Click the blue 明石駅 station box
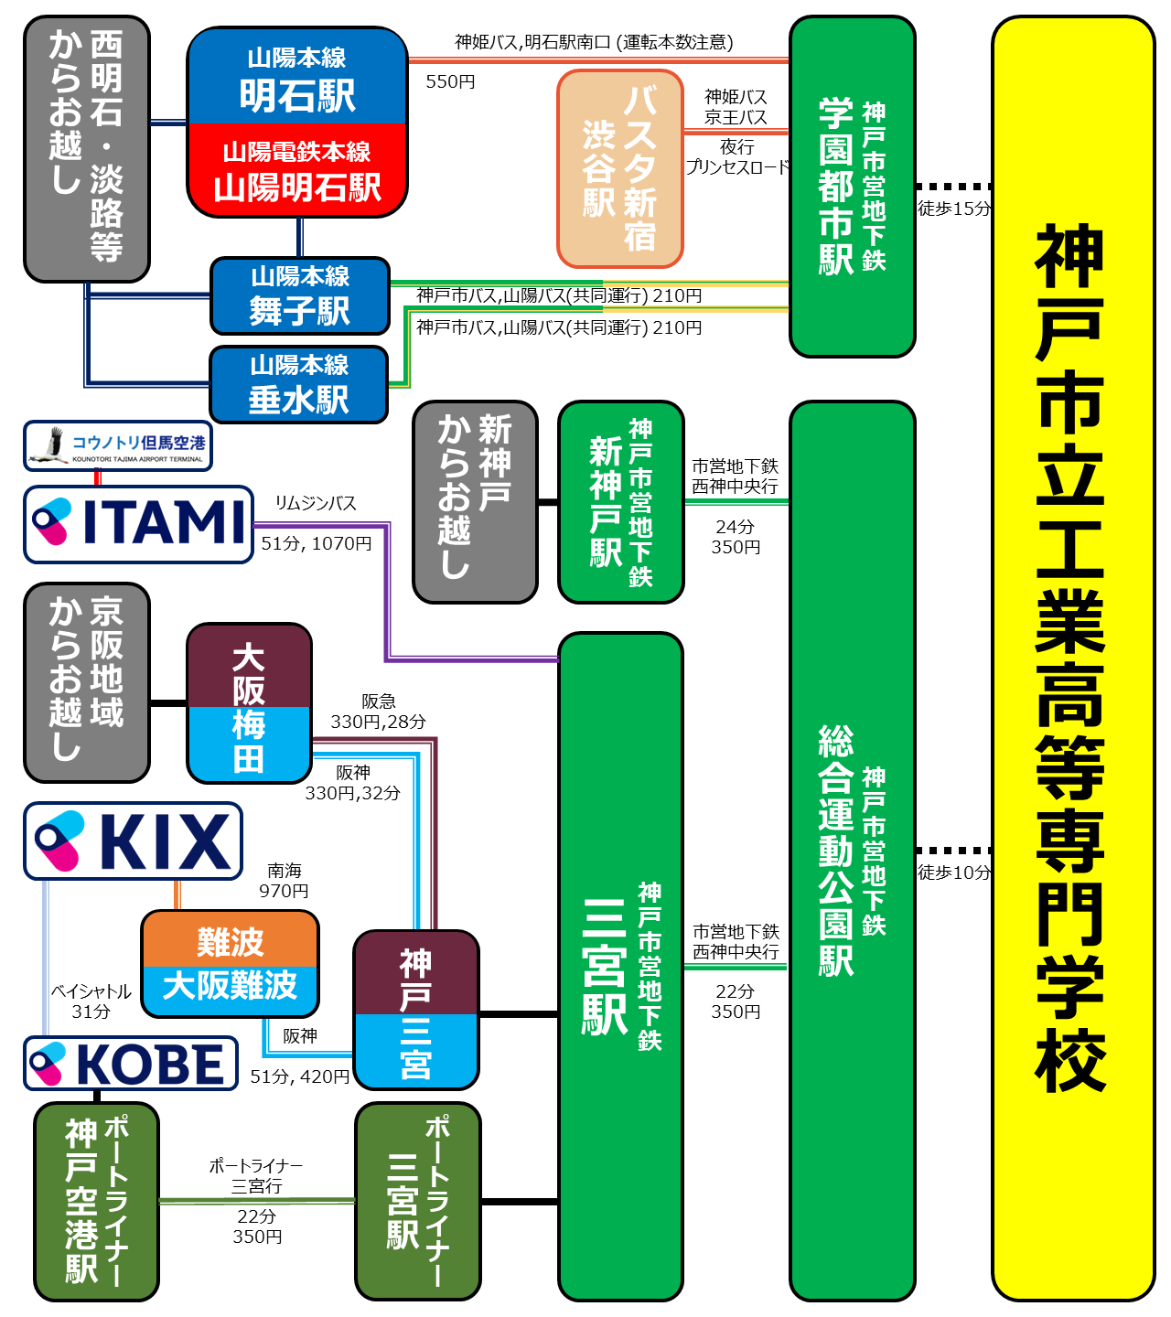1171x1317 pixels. click(297, 78)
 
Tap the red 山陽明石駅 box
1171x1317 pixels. click(297, 171)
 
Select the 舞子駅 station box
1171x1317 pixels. click(300, 296)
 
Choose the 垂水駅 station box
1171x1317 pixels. click(299, 384)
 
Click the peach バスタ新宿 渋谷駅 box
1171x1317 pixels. click(620, 169)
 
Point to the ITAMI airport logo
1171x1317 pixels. click(138, 524)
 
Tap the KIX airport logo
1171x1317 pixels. click(133, 841)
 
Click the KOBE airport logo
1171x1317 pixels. click(131, 1064)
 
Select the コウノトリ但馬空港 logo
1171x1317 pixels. click(118, 446)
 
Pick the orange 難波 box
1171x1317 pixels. click(231, 940)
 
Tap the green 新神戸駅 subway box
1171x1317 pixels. click(621, 502)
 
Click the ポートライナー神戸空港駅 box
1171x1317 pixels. click(96, 1202)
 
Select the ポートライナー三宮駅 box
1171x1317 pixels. click(418, 1202)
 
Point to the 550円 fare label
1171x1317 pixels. click(450, 82)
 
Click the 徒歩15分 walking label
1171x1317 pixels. click(954, 209)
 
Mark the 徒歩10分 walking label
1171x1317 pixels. click(954, 873)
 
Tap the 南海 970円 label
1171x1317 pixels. click(284, 881)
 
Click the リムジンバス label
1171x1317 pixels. click(316, 504)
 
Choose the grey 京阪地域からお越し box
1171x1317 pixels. click(87, 683)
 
